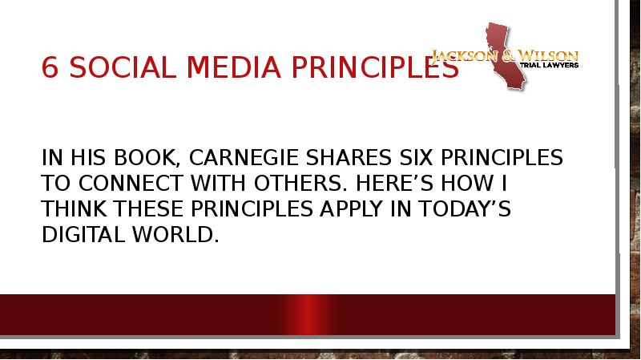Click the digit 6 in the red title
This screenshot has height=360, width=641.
50,67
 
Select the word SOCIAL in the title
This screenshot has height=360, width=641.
123,67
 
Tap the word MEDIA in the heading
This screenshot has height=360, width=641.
233,67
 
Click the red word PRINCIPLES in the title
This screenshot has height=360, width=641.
375,67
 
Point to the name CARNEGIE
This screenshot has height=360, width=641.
244,157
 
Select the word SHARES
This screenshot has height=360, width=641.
349,157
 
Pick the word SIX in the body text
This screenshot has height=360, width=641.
416,157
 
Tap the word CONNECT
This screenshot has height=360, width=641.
131,184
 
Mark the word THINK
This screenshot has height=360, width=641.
74,209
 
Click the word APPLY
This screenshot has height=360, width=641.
352,209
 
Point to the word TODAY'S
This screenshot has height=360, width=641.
465,209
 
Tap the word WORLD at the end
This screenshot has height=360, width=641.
175,235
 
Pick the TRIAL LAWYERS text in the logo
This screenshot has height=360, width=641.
549,65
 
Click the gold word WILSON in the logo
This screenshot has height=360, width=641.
549,55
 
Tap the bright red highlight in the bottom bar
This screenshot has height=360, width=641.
309,314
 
